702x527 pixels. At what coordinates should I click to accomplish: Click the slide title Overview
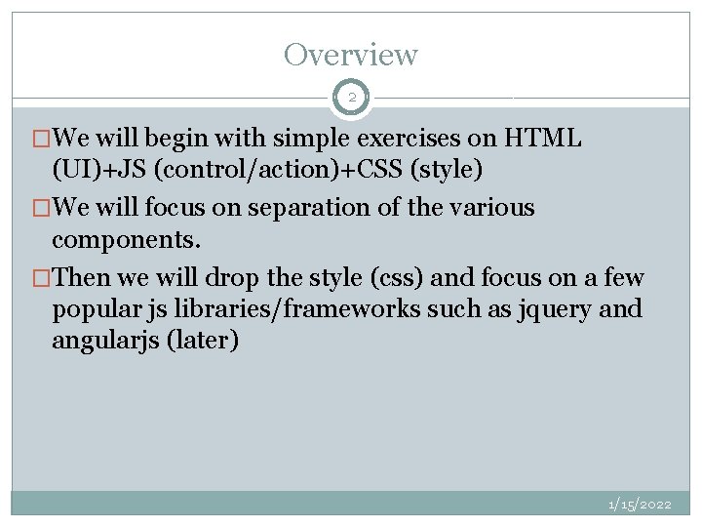tap(350, 55)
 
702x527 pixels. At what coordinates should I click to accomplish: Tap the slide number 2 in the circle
tap(351, 98)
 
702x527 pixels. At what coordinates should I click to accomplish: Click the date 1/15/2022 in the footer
tap(640, 504)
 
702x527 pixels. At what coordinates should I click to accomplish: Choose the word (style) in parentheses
tap(444, 172)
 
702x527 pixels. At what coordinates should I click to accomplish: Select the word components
tap(118, 240)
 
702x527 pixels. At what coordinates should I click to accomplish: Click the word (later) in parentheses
tap(204, 344)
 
